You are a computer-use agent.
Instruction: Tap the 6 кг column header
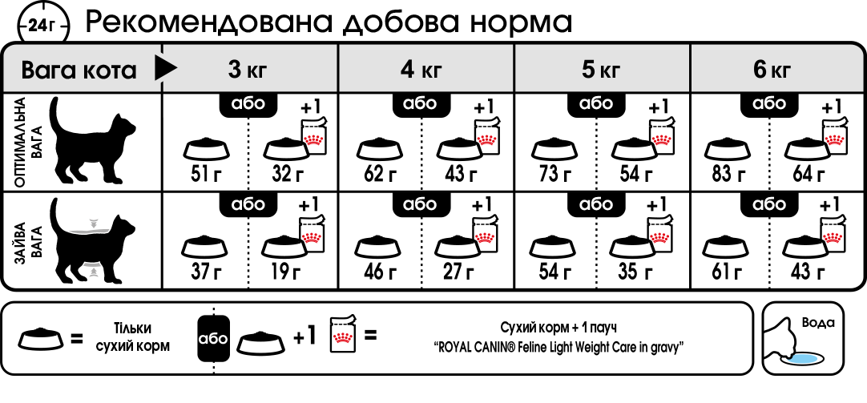tap(772, 70)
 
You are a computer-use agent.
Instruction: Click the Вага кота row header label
tap(79, 71)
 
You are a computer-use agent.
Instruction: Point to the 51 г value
tap(206, 174)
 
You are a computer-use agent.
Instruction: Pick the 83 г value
tap(728, 174)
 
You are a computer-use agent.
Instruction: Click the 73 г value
tap(554, 174)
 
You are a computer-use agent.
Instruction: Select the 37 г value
tap(206, 271)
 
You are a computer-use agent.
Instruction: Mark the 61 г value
tap(728, 271)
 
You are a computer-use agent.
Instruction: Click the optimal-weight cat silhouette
tap(91, 140)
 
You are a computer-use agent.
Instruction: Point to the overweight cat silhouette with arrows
tap(91, 241)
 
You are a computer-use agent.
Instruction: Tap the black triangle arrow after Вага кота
tap(166, 69)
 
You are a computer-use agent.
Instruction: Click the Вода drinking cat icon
tap(803, 338)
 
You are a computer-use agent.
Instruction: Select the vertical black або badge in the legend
tap(213, 338)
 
